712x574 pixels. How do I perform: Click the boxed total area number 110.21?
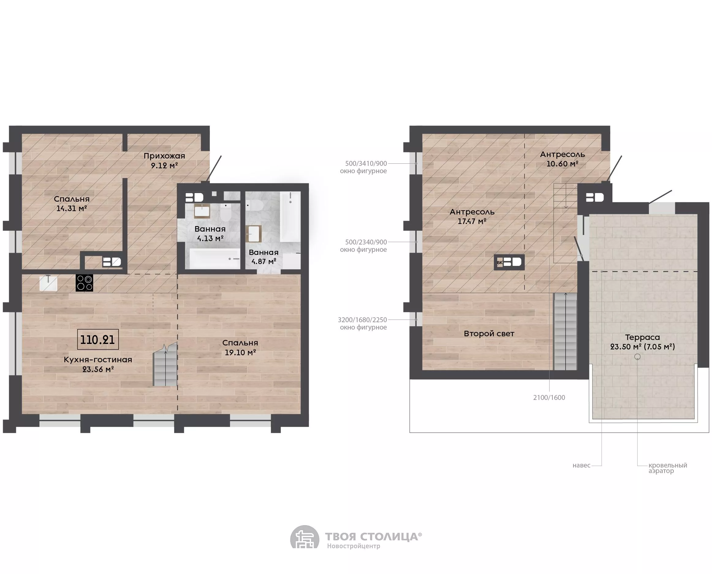coord(98,340)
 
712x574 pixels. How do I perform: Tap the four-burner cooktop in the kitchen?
coord(85,283)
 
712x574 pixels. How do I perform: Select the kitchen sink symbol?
coord(48,283)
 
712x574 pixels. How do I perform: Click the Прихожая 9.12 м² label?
coord(164,160)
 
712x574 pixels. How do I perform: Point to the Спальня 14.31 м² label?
coord(72,203)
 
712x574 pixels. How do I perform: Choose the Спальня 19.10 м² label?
coord(240,348)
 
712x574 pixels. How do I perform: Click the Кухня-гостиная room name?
coord(98,360)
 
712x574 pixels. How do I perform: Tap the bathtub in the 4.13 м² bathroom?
coord(214,258)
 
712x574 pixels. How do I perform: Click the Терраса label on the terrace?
coord(642,337)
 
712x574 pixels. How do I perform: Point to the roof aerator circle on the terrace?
coord(637,357)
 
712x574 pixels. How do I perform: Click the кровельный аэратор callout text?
coord(668,468)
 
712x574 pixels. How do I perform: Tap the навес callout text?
coord(581,465)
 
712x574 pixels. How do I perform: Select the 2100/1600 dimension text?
coord(549,397)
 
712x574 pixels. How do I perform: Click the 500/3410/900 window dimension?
coord(366,163)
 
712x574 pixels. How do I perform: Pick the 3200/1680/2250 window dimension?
coord(362,320)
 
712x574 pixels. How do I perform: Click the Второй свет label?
coord(489,334)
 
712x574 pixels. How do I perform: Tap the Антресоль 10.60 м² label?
coord(562,159)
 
